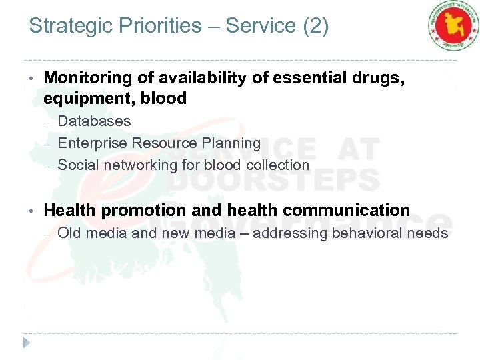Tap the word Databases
pyautogui.click(x=95, y=121)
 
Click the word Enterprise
pyautogui.click(x=93, y=143)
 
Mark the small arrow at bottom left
pyautogui.click(x=27, y=343)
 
